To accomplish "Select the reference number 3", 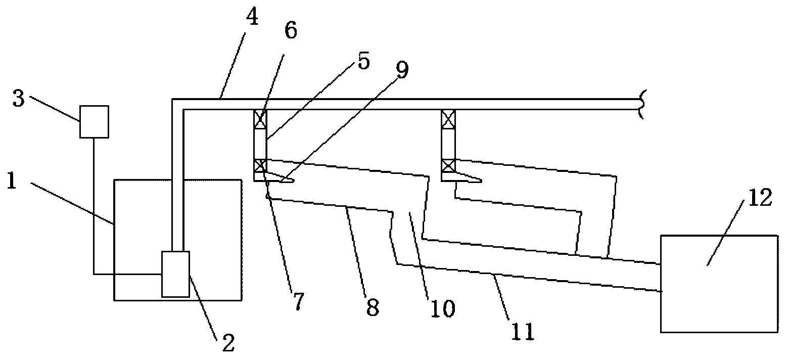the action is click(19, 99).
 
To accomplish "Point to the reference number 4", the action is click(252, 18).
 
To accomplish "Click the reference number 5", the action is click(363, 61).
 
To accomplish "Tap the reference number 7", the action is click(298, 301).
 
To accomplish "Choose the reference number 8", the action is click(373, 307).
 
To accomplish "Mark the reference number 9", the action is click(402, 70).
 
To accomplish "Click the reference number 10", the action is click(443, 309).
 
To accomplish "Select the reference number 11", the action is click(523, 332).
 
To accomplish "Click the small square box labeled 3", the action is click(94, 121).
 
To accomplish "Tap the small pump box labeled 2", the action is click(175, 274).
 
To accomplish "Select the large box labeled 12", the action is click(719, 284).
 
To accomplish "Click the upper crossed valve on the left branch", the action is click(260, 119).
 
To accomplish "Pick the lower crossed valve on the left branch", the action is click(260, 165).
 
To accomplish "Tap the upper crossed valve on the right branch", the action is click(448, 119).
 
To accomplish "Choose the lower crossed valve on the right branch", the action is click(448, 165).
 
